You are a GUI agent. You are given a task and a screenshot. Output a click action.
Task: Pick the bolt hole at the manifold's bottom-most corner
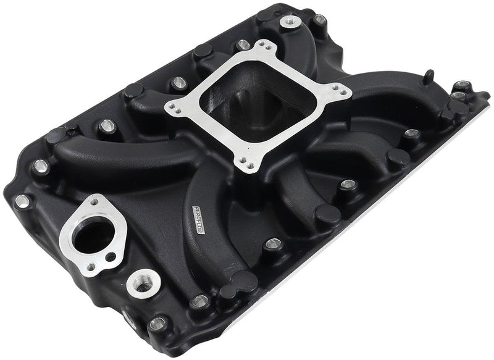pos(156,322)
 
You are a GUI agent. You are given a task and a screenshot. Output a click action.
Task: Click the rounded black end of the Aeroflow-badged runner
pos(245,281)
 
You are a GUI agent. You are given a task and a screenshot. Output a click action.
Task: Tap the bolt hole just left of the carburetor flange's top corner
pos(243,45)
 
